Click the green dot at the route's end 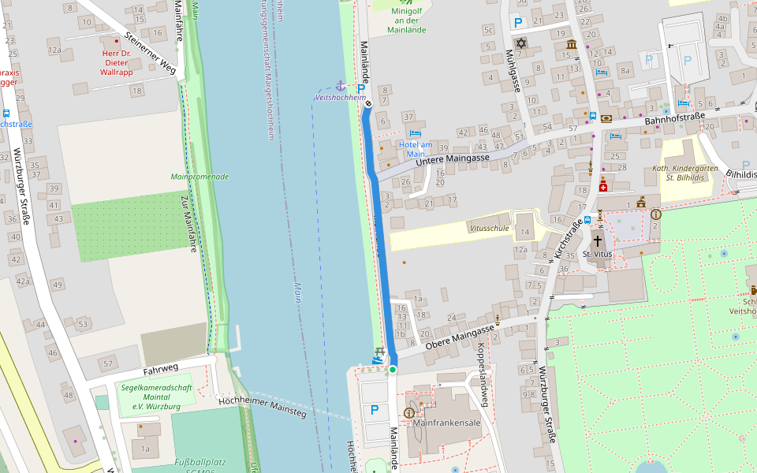392,369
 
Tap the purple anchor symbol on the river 341,85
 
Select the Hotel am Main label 415,149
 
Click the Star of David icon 520,43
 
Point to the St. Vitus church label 597,255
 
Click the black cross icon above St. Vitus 597,240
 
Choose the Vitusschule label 489,228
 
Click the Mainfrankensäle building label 447,423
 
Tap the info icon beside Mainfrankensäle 408,412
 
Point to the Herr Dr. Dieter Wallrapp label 117,62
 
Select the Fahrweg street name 161,368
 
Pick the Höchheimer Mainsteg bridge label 261,406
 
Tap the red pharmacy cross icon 603,186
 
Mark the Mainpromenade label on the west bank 200,177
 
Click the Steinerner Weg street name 150,57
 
